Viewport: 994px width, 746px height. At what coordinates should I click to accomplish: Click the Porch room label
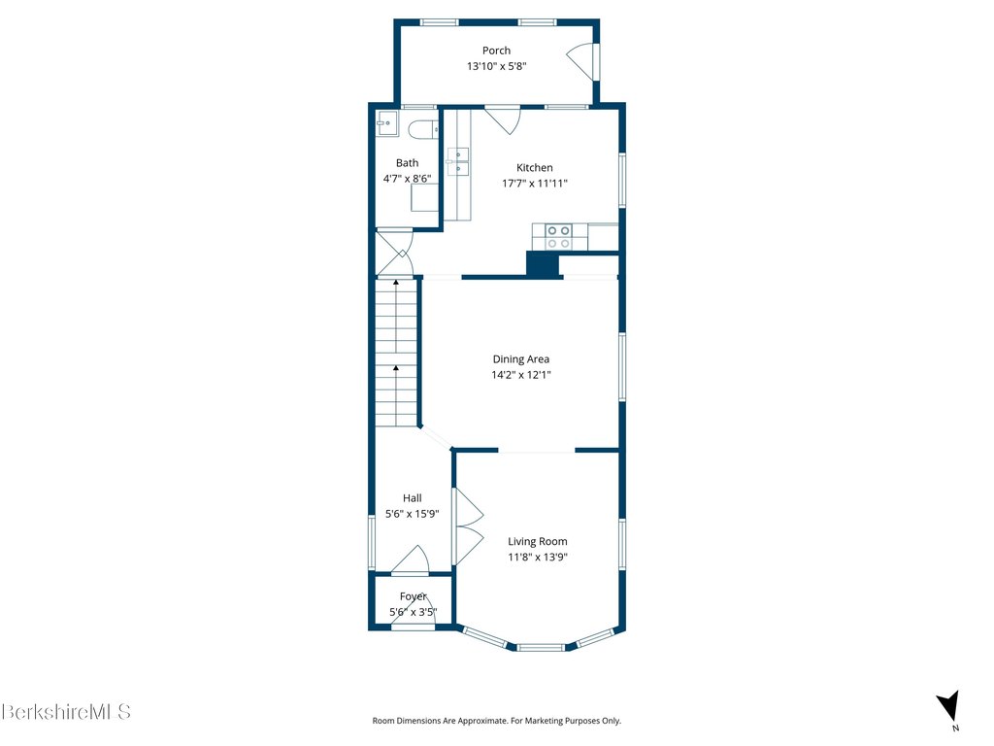pos(496,51)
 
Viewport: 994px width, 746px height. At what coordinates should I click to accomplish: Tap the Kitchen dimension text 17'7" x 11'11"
pos(535,184)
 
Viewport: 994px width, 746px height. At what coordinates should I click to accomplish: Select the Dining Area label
pos(521,359)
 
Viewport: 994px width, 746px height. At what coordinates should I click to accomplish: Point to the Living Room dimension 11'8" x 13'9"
pos(538,557)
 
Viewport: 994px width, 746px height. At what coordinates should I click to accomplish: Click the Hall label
pos(412,498)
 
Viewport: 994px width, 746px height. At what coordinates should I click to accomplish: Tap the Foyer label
pos(414,596)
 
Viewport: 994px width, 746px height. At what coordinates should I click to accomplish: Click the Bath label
pos(407,163)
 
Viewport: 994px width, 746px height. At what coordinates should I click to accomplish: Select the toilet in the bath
pos(423,129)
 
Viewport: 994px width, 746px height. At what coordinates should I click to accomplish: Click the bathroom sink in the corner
pos(386,123)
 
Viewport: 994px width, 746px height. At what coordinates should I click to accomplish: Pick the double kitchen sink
pos(458,162)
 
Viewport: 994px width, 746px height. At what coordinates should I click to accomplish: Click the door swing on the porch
pos(580,61)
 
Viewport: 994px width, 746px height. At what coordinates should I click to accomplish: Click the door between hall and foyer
pos(411,559)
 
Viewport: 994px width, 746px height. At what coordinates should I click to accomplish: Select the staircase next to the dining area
pos(396,353)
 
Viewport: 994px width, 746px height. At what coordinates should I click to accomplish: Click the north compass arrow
pos(948,706)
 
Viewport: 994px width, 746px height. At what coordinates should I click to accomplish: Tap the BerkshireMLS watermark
pos(66,711)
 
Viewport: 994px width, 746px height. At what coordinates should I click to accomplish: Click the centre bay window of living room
pos(540,648)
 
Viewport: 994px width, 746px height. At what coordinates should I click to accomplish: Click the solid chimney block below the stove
pos(543,264)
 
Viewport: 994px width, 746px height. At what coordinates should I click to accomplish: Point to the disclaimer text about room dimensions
pos(496,721)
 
